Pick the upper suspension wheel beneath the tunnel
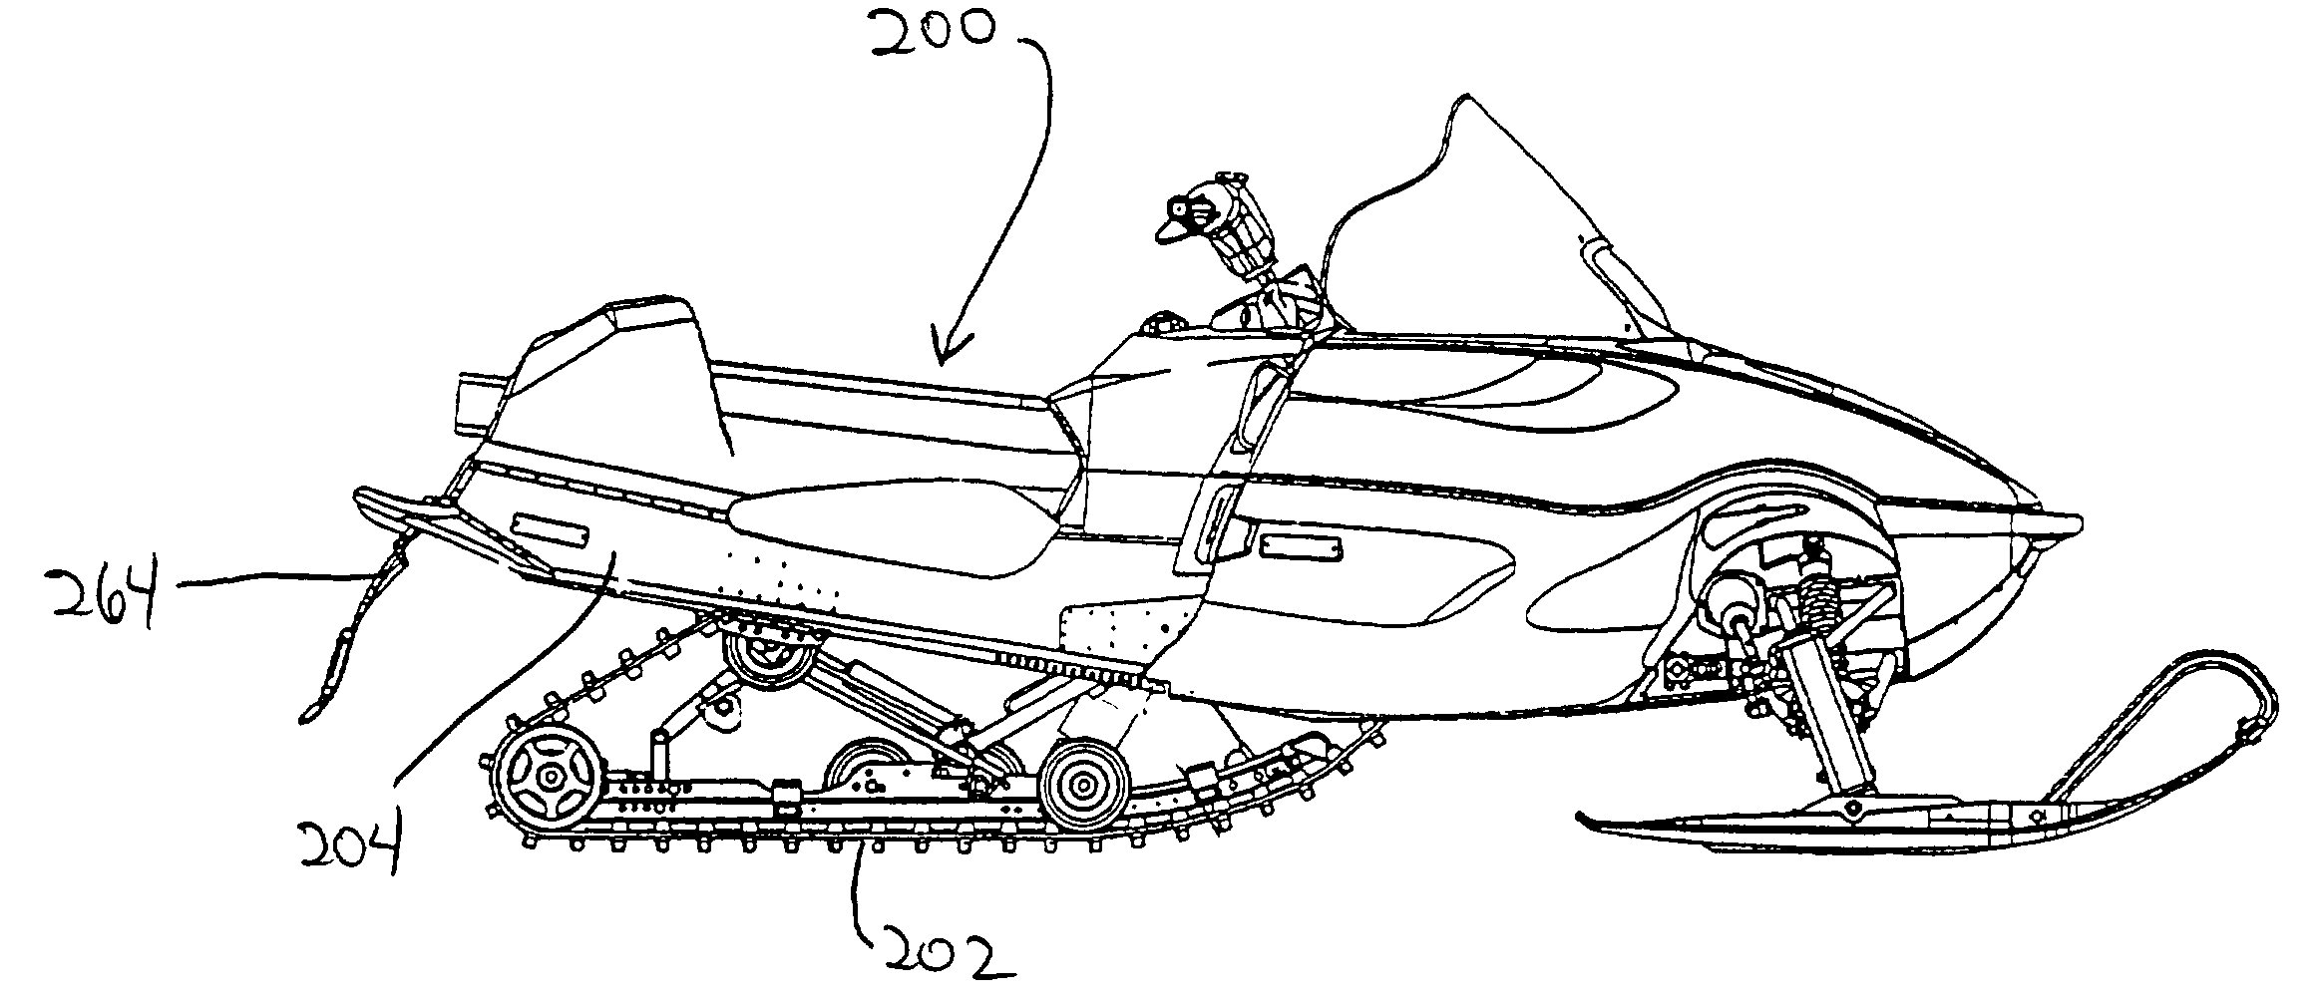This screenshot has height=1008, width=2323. pos(768,649)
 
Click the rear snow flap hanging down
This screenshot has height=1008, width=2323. pos(360,628)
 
